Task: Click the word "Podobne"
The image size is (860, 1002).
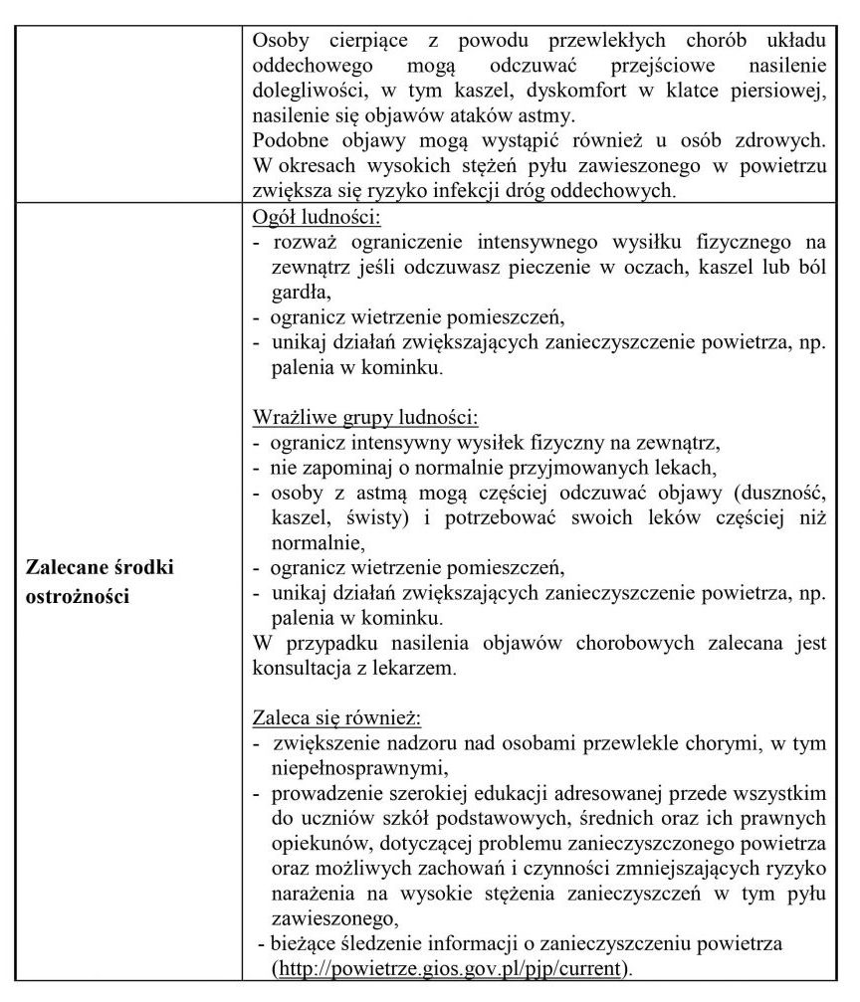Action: (x=290, y=139)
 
